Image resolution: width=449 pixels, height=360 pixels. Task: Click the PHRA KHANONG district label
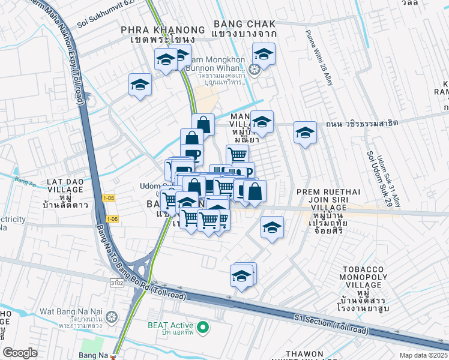pos(154,30)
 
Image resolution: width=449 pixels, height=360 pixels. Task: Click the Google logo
pos(20,352)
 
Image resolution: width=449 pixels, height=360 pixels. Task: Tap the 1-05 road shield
pos(109,197)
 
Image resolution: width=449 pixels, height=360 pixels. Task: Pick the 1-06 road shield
pos(112,219)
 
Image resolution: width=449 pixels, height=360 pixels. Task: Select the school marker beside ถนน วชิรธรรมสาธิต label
pos(305,132)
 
